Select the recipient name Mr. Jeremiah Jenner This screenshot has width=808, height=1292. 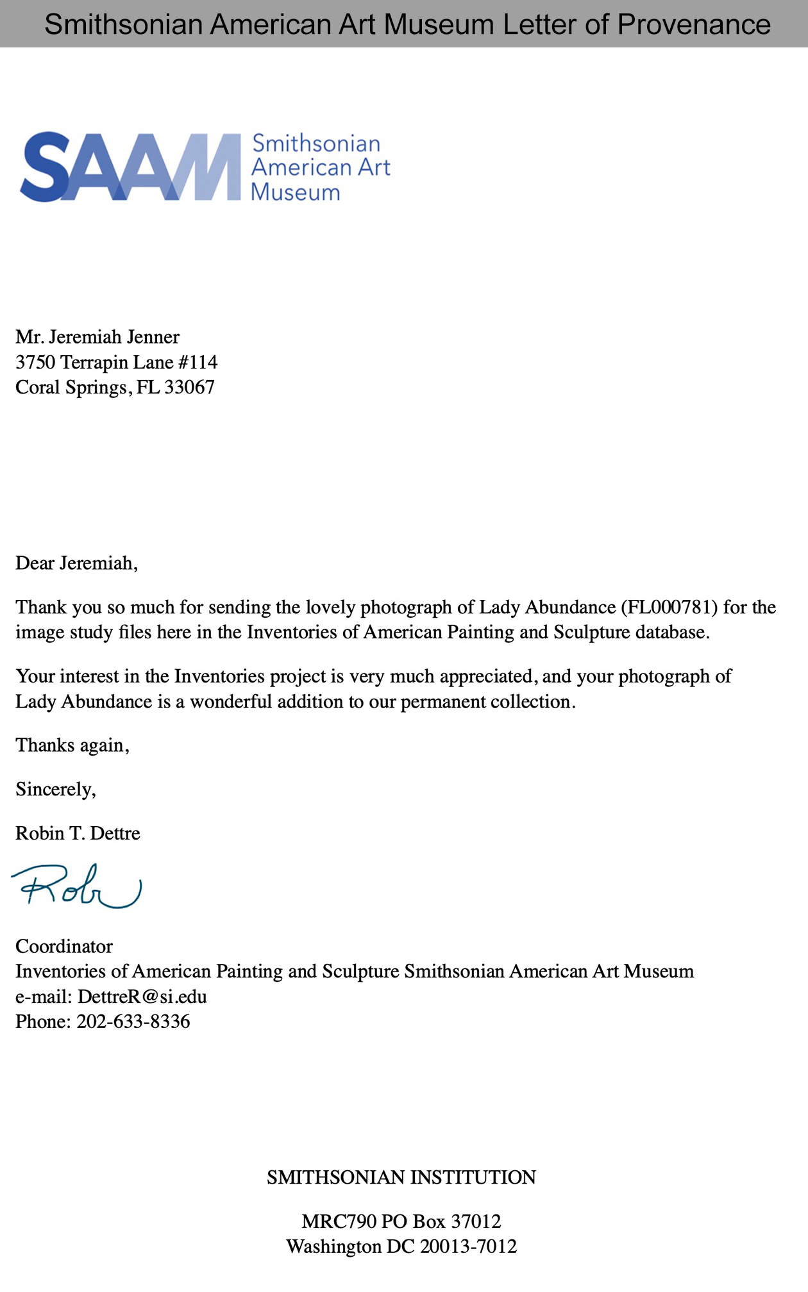click(x=97, y=336)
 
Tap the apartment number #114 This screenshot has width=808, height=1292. click(x=198, y=362)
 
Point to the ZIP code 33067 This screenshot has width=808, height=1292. click(x=189, y=387)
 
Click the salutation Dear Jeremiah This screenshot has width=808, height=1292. click(x=76, y=563)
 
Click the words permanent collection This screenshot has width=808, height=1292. click(x=485, y=702)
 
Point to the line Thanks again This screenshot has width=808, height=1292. click(x=72, y=745)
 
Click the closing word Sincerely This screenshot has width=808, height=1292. click(x=55, y=789)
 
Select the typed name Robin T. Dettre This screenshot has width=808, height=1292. click(x=78, y=833)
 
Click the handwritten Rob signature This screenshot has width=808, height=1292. click(x=76, y=886)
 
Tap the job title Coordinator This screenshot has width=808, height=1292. click(x=64, y=946)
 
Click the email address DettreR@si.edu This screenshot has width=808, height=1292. click(x=142, y=997)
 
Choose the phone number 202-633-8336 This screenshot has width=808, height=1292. click(x=133, y=1022)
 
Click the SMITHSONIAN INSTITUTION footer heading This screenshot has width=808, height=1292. click(x=401, y=1177)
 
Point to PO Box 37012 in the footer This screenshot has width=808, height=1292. click(x=441, y=1221)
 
